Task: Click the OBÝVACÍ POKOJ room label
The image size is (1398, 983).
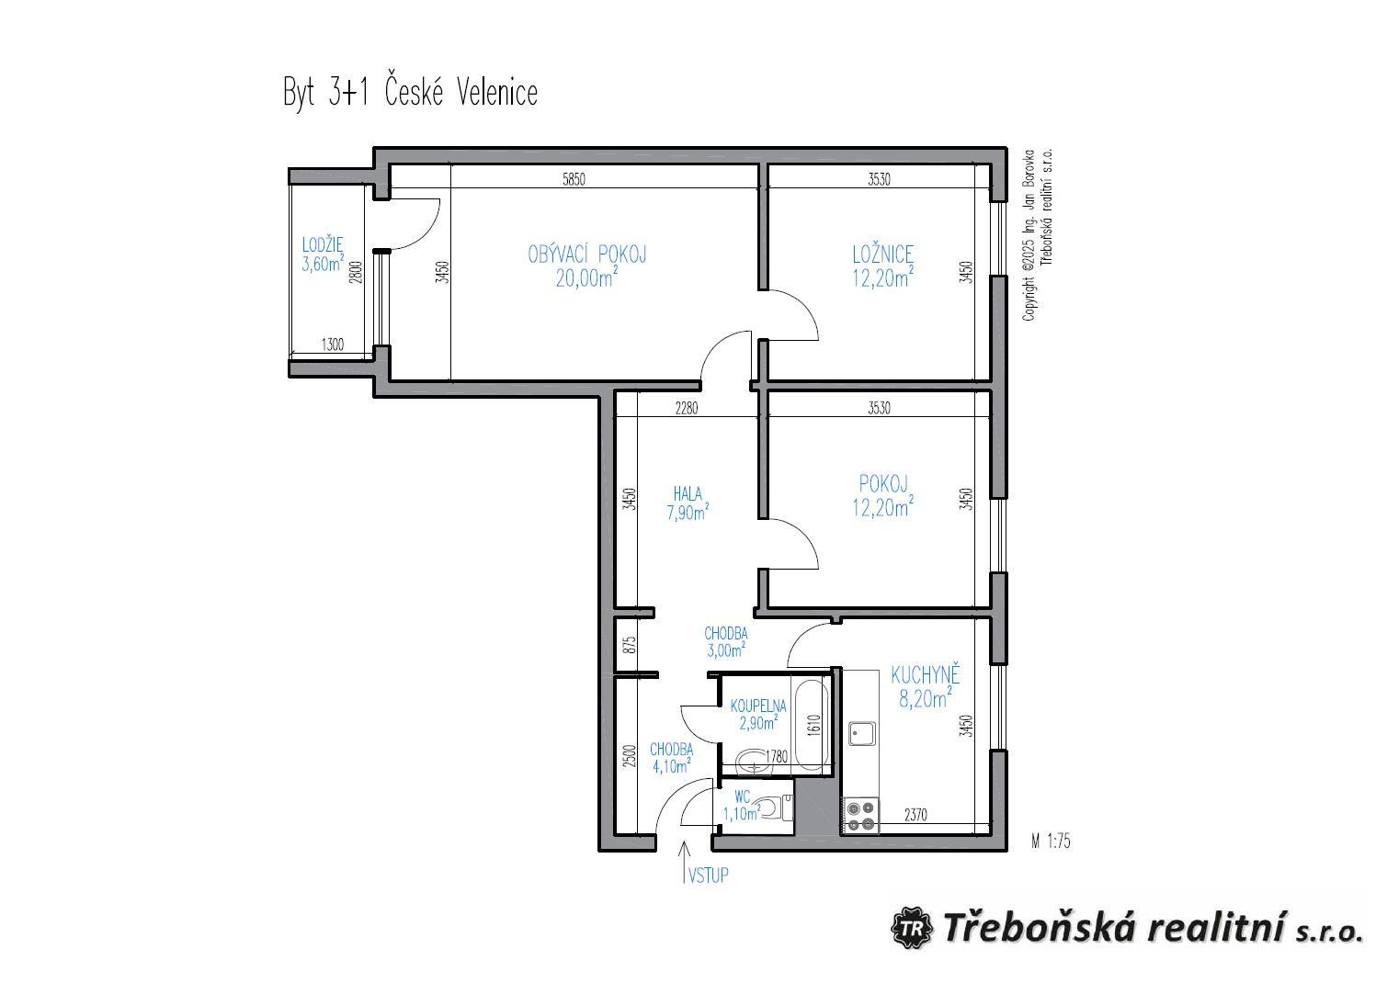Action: pos(586,254)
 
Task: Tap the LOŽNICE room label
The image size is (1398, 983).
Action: pos(882,254)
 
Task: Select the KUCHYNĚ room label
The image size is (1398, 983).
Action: pos(925,675)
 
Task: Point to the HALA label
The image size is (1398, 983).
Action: pos(688,494)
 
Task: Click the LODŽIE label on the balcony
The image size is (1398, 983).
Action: pos(323,244)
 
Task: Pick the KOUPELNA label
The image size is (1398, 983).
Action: pos(758,706)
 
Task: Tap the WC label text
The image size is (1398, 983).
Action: pos(742,797)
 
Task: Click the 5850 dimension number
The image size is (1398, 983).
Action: pos(574,180)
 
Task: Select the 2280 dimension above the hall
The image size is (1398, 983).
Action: pos(687,409)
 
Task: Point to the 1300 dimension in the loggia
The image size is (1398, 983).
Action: pos(332,345)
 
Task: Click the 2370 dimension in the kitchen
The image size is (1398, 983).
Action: pos(915,815)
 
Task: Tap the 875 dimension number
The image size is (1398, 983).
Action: pos(631,644)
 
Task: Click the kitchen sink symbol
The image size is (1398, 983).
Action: pos(862,733)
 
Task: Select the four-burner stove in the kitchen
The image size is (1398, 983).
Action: pos(860,816)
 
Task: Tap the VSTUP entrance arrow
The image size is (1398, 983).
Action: pos(685,863)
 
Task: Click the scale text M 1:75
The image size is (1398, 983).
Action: pos(1051,842)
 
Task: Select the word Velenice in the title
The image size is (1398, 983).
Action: pos(496,93)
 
